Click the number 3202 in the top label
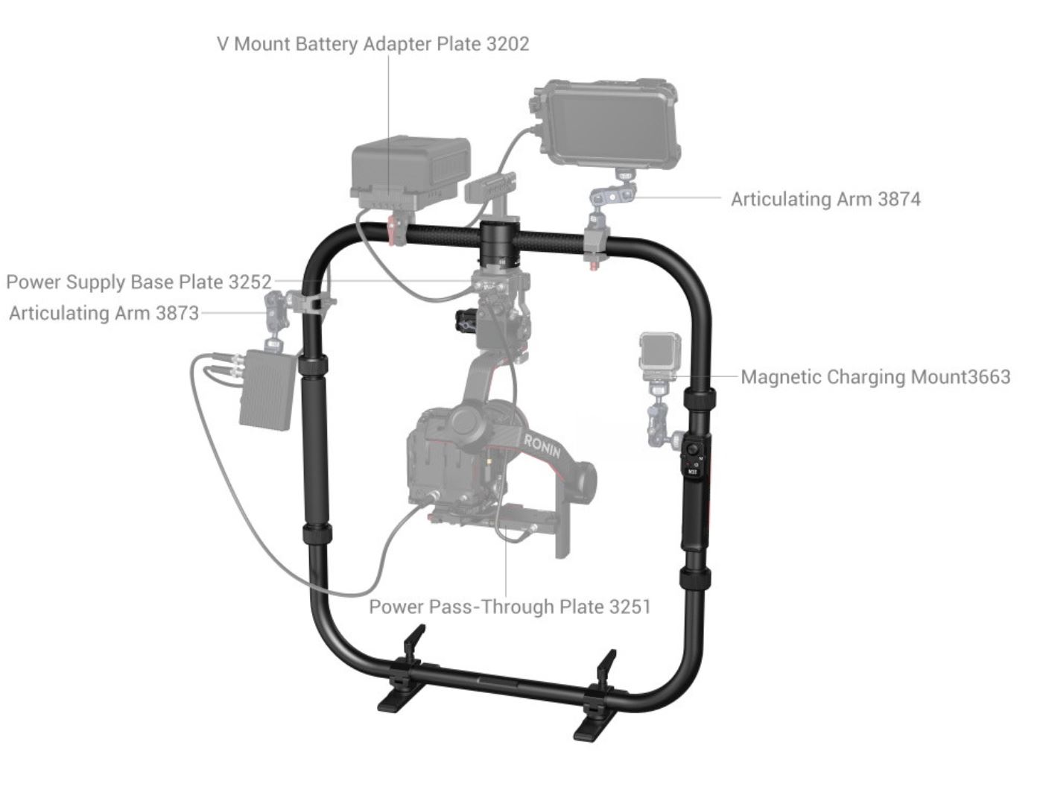(507, 44)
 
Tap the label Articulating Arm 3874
(825, 199)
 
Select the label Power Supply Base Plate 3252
(139, 282)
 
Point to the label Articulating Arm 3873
(104, 313)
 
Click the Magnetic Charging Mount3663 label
(875, 377)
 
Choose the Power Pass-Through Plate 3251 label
(510, 607)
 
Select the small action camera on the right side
(661, 353)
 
